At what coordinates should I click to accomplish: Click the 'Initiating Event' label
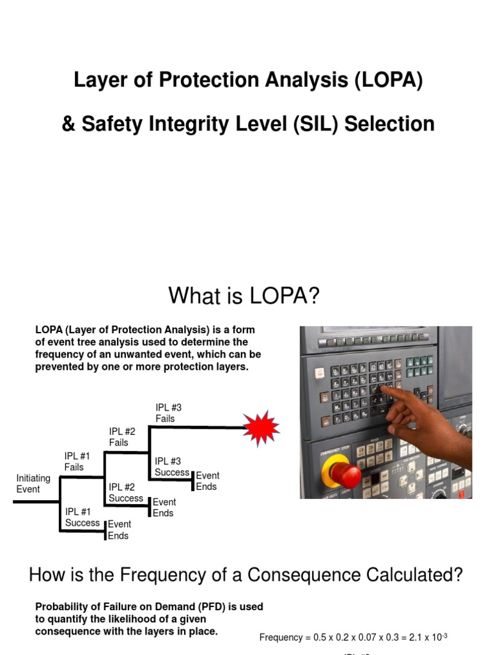tap(33, 484)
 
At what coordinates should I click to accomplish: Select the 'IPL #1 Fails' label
tap(77, 461)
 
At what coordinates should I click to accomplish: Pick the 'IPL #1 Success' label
tap(82, 517)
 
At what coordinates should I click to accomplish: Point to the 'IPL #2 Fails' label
tap(122, 437)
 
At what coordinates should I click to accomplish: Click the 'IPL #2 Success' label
tap(126, 493)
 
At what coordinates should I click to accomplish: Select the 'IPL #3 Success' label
tap(172, 466)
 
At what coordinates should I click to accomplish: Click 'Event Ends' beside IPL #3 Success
tap(207, 481)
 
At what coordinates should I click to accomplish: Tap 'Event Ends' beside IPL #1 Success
tap(119, 530)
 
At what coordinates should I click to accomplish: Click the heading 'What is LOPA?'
tap(243, 296)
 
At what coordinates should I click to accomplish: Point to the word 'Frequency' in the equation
tap(281, 637)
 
